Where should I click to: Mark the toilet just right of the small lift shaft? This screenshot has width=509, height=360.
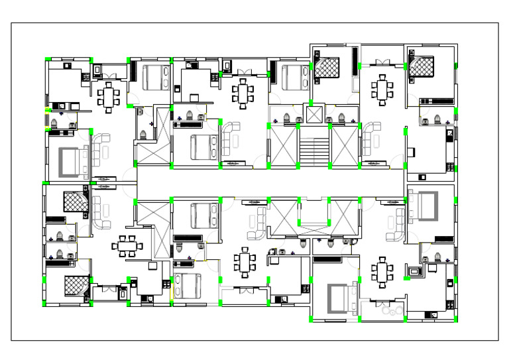point(341,118)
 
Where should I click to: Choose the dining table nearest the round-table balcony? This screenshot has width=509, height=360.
point(382,271)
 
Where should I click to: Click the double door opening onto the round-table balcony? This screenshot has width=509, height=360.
point(382,302)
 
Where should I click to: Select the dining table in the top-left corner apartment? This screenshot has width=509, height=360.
point(108,97)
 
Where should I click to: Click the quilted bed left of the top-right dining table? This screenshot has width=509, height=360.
point(326,66)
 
